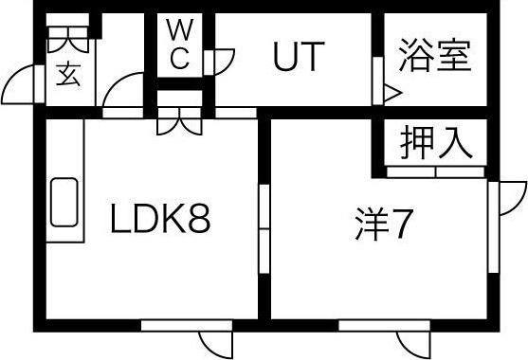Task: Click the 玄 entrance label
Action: point(68,74)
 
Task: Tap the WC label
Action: point(181,44)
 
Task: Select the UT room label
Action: point(300,58)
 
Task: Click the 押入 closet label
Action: point(435,144)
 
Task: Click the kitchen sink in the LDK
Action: point(64,202)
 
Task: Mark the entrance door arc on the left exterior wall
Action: point(21,87)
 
